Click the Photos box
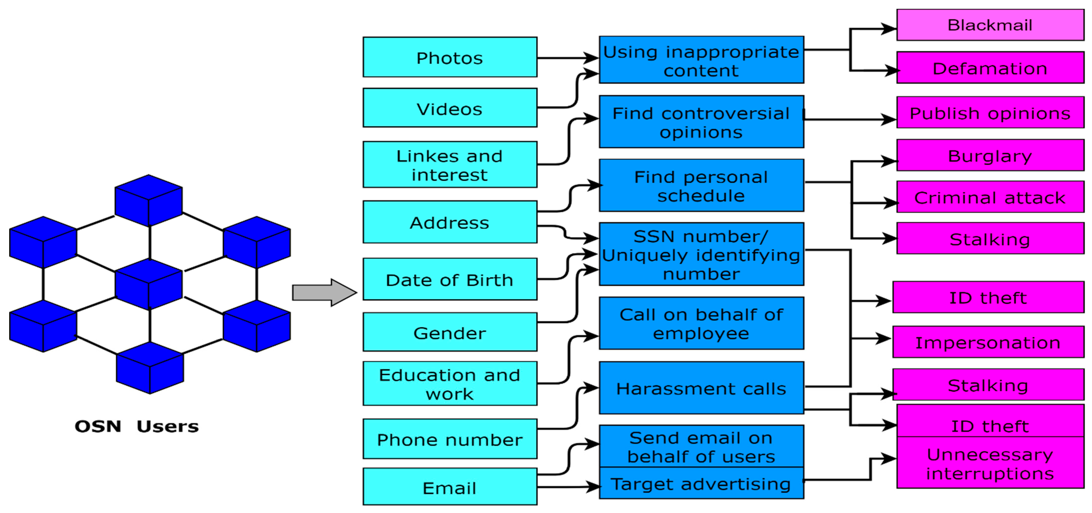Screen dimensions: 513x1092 click(450, 57)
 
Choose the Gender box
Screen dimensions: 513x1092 click(450, 332)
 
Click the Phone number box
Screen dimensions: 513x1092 click(450, 439)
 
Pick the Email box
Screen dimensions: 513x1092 click(450, 487)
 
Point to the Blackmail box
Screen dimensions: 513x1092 click(990, 25)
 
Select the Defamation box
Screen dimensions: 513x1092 click(990, 68)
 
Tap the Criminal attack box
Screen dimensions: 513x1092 click(990, 197)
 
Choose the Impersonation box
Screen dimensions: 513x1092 click(988, 342)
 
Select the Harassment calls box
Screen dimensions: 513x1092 click(701, 388)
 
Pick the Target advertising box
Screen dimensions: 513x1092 click(701, 483)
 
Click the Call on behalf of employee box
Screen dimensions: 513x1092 click(701, 323)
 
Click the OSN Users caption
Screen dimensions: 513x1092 click(136, 426)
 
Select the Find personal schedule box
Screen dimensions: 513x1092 click(701, 185)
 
